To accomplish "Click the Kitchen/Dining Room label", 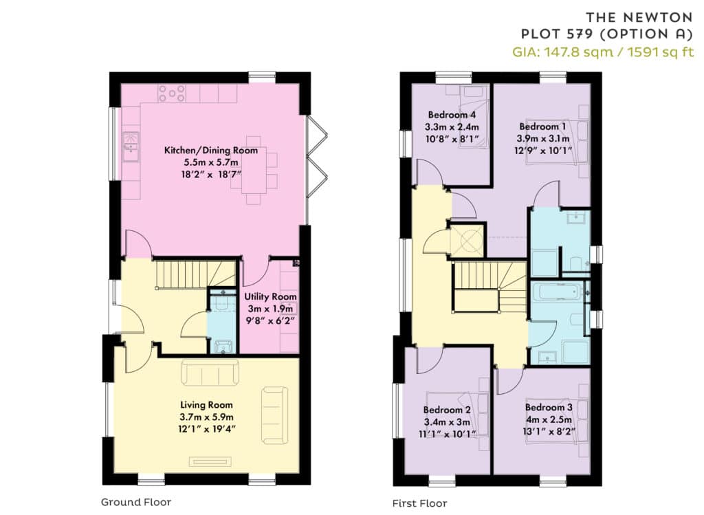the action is (x=210, y=151).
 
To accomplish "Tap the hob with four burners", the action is (x=171, y=94).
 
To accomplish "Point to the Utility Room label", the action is (x=270, y=297).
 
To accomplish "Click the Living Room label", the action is (x=206, y=405).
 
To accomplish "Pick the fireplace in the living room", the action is (x=210, y=461).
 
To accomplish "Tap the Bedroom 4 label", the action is (x=452, y=115).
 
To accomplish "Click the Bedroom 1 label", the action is (x=543, y=127).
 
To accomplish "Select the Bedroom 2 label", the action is (x=447, y=410).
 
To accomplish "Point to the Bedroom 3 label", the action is (x=549, y=408).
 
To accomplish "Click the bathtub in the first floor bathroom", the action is (x=557, y=292).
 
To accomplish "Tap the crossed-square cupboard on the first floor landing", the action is (x=467, y=241).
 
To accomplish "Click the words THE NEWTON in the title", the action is (x=639, y=17).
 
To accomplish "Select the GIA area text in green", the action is (x=603, y=52).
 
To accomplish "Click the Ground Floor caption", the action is (x=136, y=502).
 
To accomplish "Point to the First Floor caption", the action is (x=420, y=503).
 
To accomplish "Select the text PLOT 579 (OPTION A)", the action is (x=607, y=34).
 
